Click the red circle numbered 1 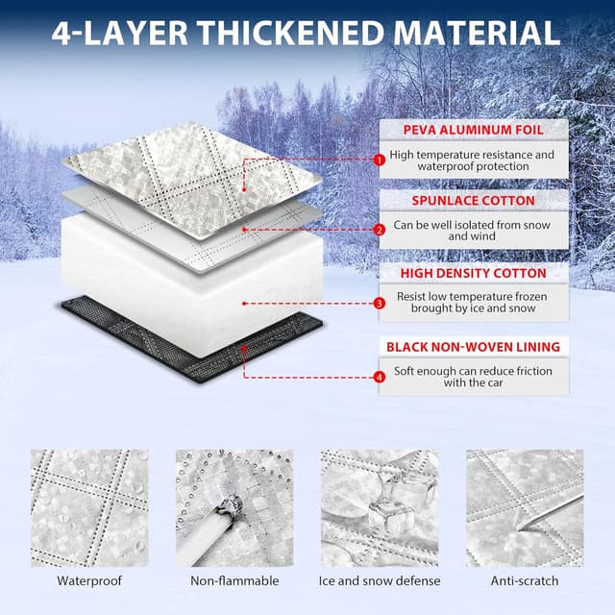pos(380,160)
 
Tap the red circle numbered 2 pos(380,231)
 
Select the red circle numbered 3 pos(380,304)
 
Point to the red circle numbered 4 pos(380,378)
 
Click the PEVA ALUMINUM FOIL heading pos(474,131)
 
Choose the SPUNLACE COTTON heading pos(474,201)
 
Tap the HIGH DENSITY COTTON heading pos(474,273)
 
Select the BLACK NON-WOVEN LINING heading pos(474,347)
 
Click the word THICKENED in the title pos(290,33)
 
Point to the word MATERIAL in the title pos(478,33)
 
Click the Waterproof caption pos(89,580)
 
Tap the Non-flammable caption pos(234,580)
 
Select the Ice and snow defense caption pos(380,580)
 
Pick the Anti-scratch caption pos(525,580)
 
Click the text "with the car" pos(474,382)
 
